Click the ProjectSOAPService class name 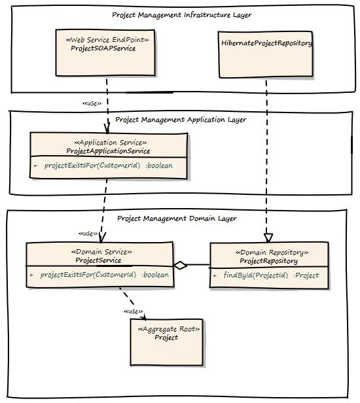103,48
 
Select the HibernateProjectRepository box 265,54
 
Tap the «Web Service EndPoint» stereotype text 107,39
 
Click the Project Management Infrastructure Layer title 182,15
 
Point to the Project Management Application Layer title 181,120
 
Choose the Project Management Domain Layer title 177,219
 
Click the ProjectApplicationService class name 108,151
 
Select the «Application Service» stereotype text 111,143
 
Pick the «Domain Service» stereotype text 101,252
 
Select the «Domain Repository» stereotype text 272,253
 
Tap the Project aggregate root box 167,342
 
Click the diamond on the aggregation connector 180,265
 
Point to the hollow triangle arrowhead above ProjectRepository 268,237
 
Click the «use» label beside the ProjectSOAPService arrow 92,103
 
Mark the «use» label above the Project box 134,311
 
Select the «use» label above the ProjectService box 88,234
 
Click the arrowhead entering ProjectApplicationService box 107,128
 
